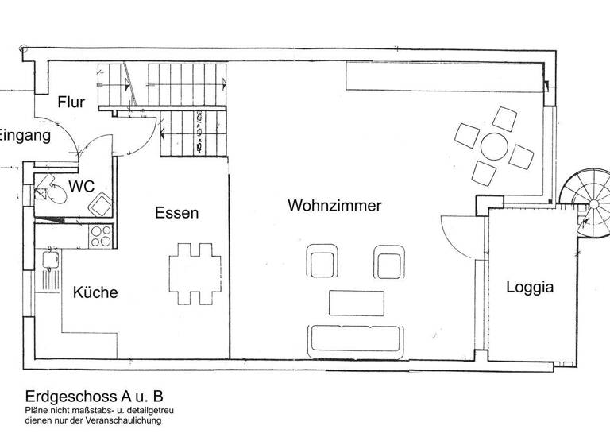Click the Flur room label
tap(71, 103)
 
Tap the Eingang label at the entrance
tap(24, 136)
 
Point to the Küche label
tap(95, 292)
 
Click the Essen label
tap(177, 213)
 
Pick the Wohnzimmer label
tap(334, 206)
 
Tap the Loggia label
tap(530, 288)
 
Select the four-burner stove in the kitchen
tap(101, 235)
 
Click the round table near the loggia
tap(494, 147)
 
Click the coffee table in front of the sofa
tap(357, 303)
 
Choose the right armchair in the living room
tap(389, 263)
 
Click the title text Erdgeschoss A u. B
tap(94, 395)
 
